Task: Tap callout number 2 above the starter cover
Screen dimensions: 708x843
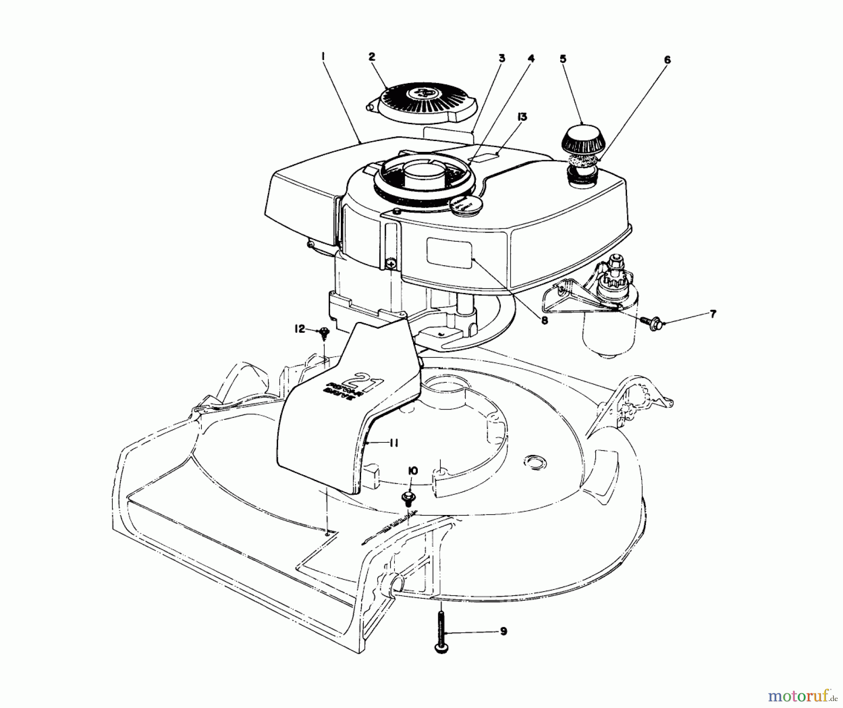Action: (371, 57)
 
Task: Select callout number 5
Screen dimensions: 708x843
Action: (563, 59)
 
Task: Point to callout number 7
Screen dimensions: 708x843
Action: (713, 314)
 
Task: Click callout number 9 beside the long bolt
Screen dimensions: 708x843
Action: (503, 632)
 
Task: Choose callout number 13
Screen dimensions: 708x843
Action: (522, 117)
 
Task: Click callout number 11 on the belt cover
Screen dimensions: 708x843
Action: (393, 442)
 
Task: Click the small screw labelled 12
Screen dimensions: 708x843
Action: (323, 333)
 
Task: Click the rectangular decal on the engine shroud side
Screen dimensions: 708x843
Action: (449, 253)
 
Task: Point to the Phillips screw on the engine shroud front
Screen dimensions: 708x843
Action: (391, 265)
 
